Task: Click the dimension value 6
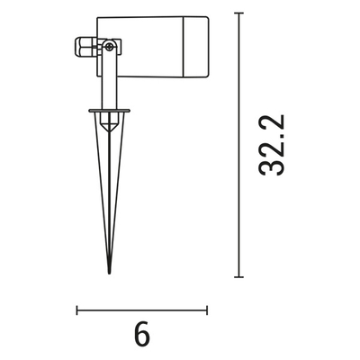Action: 141,334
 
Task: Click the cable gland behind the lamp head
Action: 85,44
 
